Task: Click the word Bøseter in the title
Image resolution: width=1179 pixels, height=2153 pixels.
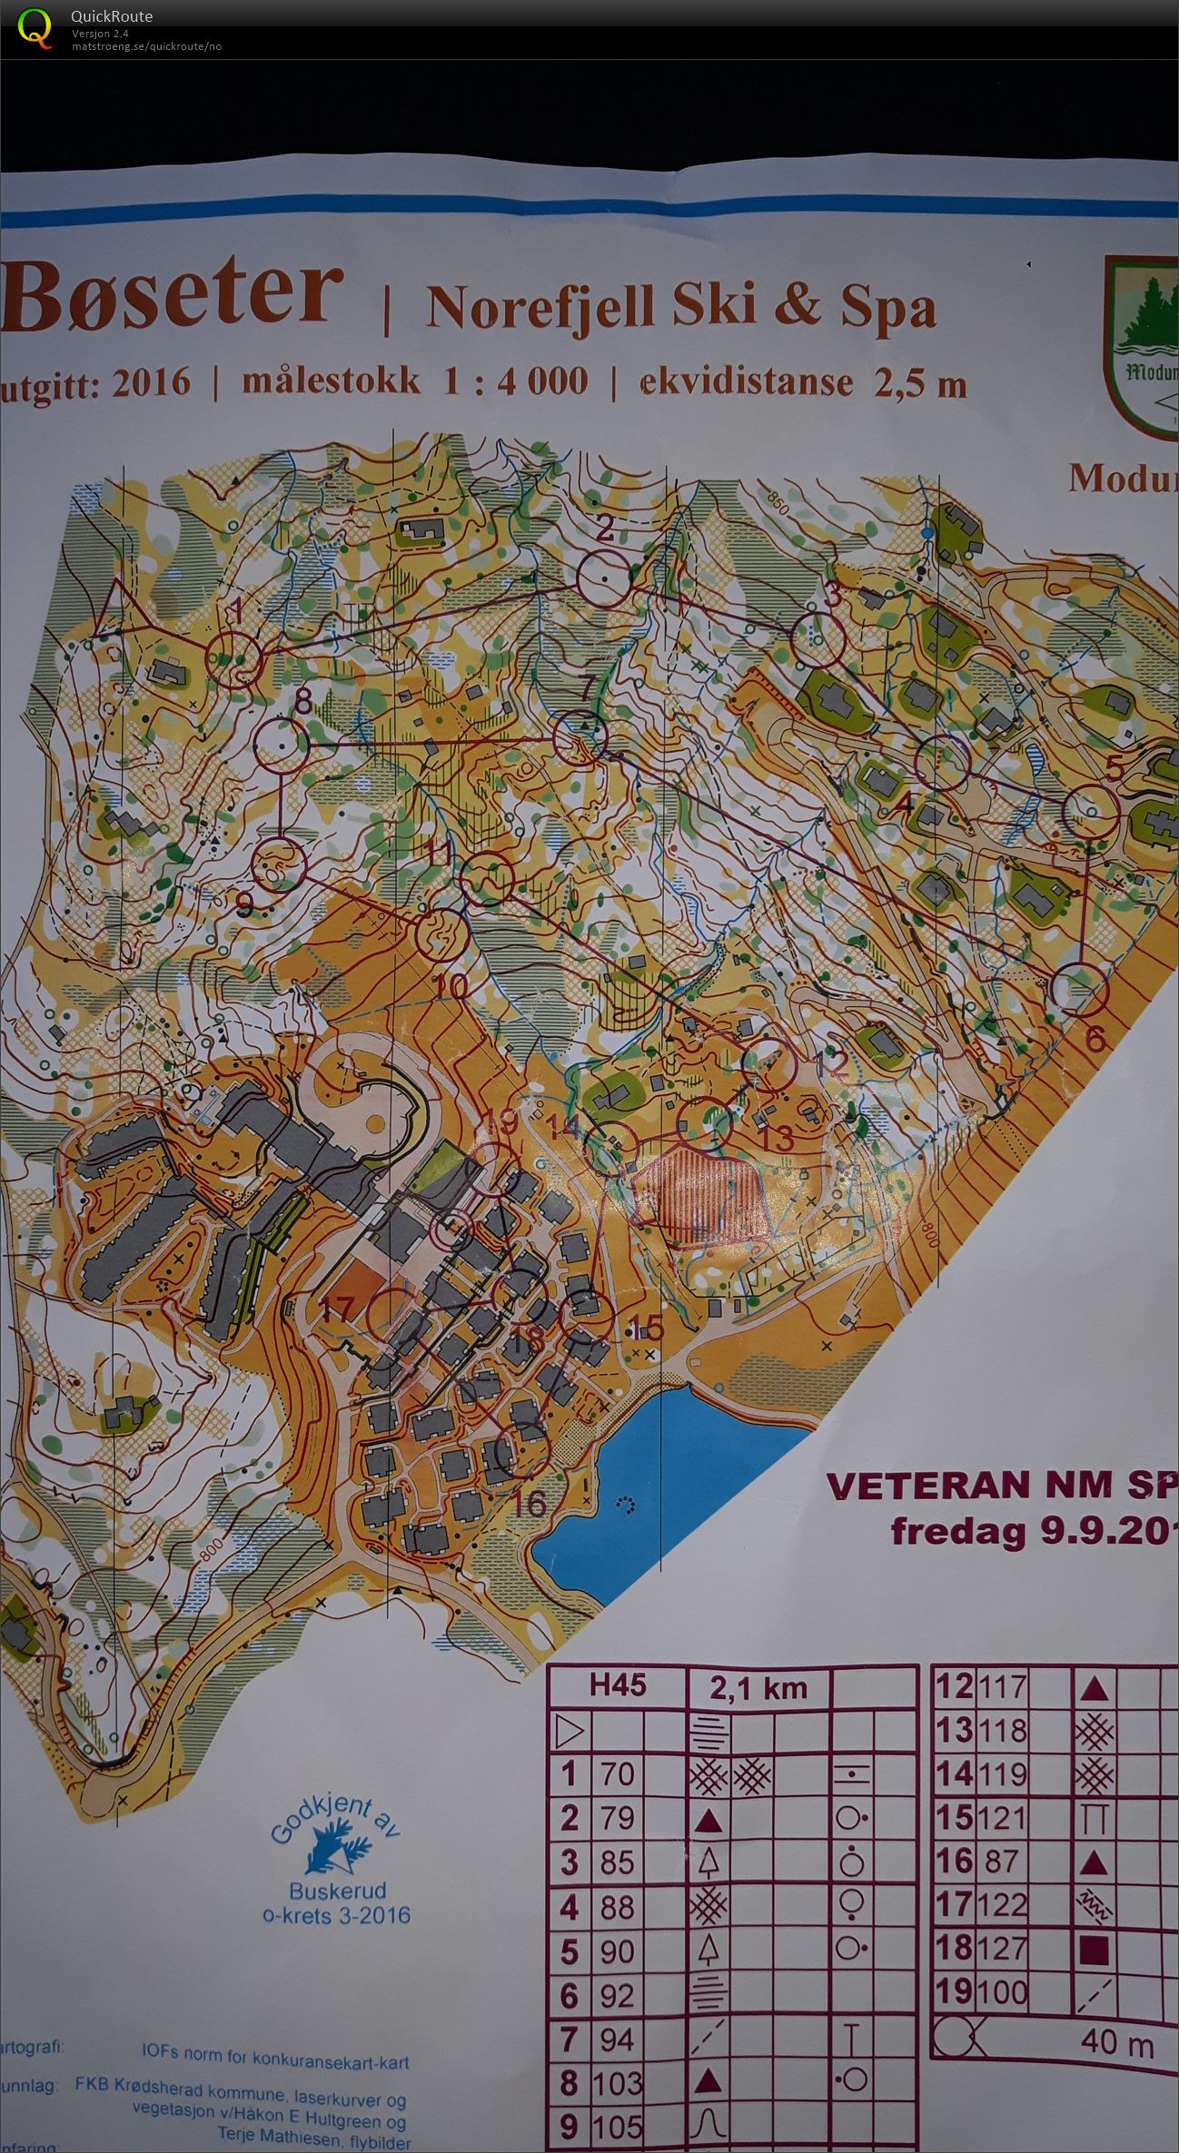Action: click(x=173, y=296)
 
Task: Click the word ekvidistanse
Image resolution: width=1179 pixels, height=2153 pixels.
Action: click(x=747, y=381)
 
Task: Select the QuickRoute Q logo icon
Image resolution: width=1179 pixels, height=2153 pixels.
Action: click(x=35, y=27)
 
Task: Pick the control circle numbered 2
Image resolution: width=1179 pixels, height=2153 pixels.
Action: click(x=604, y=578)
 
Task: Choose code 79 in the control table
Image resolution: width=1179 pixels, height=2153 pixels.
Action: click(x=616, y=1818)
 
